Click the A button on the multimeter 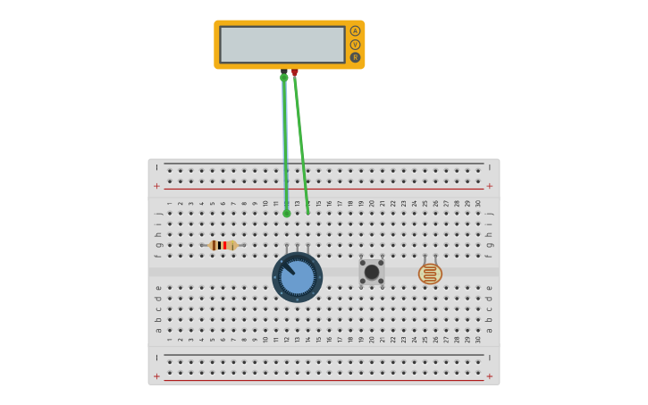point(355,31)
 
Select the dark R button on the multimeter point(355,57)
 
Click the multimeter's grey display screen point(282,45)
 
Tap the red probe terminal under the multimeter point(295,72)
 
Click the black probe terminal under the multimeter point(284,72)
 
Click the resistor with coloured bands point(222,245)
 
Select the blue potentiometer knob point(298,276)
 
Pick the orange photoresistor point(430,274)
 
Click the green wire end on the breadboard point(287,213)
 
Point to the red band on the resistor point(223,245)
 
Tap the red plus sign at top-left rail point(157,186)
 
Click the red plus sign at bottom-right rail point(489,376)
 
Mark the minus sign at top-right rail point(489,167)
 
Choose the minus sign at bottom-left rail point(157,358)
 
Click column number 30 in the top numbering point(478,203)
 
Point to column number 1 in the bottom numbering point(170,340)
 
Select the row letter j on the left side point(158,213)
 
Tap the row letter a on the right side point(489,330)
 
